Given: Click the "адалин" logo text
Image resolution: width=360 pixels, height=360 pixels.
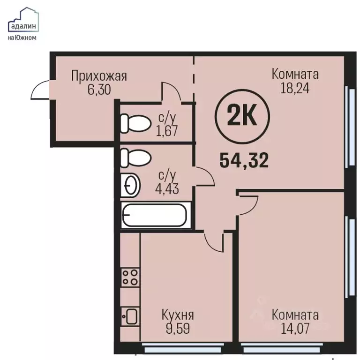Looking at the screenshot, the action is coord(23,26).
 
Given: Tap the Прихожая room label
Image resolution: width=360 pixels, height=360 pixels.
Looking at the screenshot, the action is coord(99,76).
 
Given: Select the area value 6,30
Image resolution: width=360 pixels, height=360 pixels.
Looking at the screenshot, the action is coord(99,90).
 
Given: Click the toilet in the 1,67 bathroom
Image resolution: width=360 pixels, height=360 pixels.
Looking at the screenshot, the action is coord(135,123).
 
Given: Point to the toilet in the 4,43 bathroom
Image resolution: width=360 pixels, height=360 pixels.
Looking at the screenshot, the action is coord(135,158).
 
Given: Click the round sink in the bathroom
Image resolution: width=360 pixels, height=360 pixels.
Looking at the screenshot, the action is coord(130,185).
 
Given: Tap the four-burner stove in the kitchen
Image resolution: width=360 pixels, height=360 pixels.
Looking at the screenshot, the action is coord(130,277).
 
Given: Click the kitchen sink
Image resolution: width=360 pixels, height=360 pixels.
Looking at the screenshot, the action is coord(130,316).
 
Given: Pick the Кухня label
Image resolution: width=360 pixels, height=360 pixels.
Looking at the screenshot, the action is coord(178,315).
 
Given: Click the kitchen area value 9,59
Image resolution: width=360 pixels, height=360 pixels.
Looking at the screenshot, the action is coord(178,328).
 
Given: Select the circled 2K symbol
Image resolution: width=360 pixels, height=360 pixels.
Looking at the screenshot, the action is coord(242,117).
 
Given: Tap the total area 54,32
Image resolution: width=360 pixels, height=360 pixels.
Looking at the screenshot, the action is coord(244,160).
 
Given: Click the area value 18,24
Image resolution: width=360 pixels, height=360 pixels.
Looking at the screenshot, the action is coord(295,88).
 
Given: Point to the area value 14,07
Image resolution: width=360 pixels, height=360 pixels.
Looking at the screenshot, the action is coord(295,328).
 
